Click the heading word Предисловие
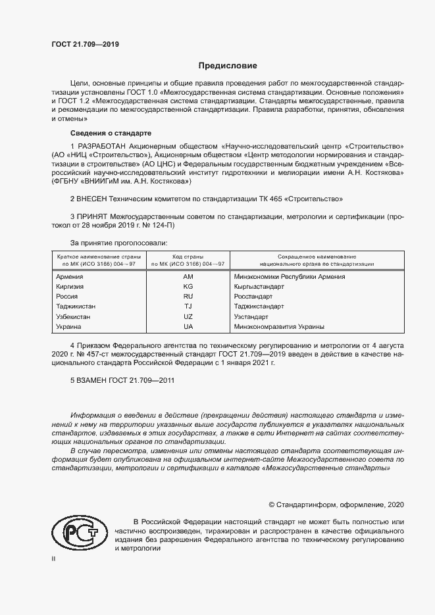pyautogui.click(x=228, y=66)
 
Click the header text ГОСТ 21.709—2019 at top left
pyautogui.click(x=85, y=45)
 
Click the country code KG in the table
pyautogui.click(x=188, y=287)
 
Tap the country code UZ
pyautogui.click(x=188, y=316)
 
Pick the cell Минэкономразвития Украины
pyautogui.click(x=279, y=326)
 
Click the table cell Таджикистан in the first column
pyautogui.click(x=76, y=307)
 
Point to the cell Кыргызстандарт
pyautogui.click(x=259, y=287)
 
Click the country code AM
pyautogui.click(x=188, y=277)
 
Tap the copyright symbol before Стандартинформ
pyautogui.click(x=272, y=504)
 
